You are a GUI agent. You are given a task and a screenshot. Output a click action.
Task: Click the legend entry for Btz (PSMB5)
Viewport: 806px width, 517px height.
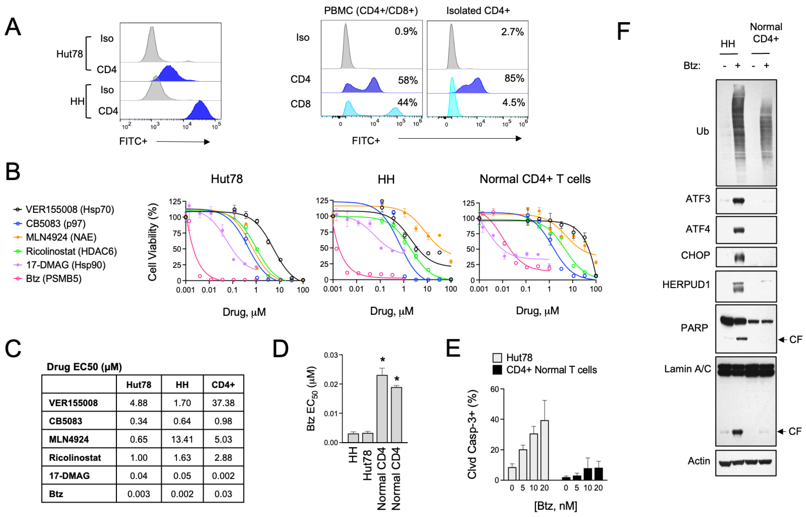pyautogui.click(x=54, y=279)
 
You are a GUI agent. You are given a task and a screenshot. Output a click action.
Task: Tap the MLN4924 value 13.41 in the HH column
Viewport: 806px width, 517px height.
pyautogui.click(x=182, y=439)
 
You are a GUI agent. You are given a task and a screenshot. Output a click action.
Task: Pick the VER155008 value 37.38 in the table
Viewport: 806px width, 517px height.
pyautogui.click(x=223, y=403)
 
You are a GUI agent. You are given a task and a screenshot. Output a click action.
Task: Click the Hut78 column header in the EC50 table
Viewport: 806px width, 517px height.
pyautogui.click(x=139, y=385)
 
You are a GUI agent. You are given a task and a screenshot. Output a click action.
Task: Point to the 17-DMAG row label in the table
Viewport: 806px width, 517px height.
pyautogui.click(x=69, y=476)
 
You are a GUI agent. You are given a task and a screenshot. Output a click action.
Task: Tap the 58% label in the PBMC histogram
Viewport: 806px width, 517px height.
pyautogui.click(x=408, y=80)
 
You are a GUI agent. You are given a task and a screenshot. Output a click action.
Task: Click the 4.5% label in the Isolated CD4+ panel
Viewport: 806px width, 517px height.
pyautogui.click(x=513, y=103)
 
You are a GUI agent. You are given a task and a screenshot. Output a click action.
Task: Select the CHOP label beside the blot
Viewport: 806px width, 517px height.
pyautogui.click(x=695, y=255)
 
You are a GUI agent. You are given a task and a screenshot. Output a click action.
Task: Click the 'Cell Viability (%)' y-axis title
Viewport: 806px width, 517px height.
pyautogui.click(x=152, y=242)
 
